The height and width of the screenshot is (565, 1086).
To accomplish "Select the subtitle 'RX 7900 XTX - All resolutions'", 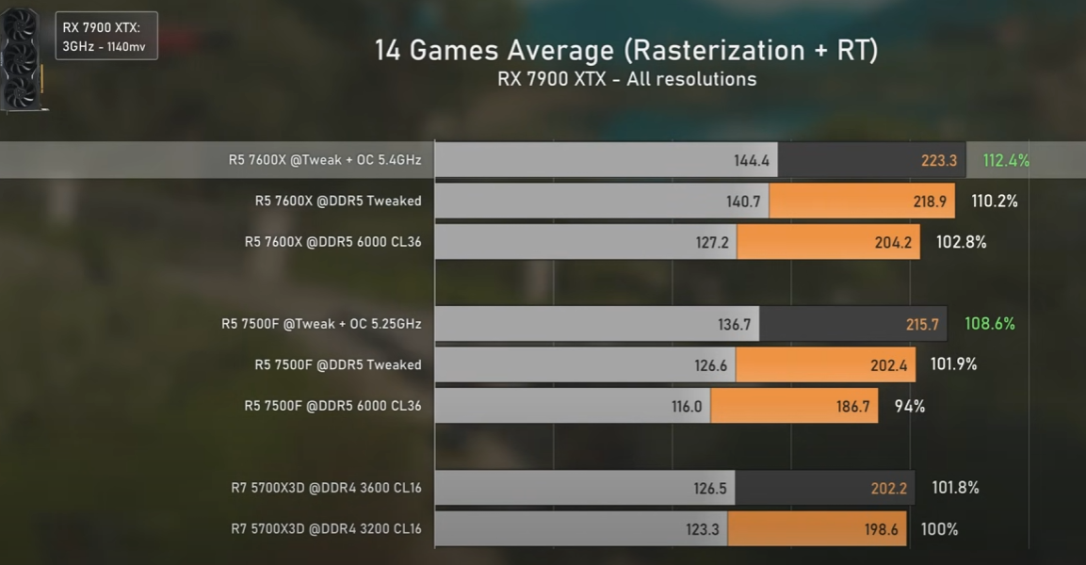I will click(x=626, y=79).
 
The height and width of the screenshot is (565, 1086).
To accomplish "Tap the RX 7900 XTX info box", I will click(x=106, y=36).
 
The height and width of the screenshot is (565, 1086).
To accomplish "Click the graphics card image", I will click(x=23, y=58).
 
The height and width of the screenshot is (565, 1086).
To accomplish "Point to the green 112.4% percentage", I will click(x=1005, y=160).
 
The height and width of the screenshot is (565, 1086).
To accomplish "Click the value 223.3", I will click(x=939, y=161).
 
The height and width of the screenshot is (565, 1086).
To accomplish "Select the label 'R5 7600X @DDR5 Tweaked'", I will click(x=337, y=201).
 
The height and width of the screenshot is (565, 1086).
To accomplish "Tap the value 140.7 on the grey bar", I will click(x=741, y=201).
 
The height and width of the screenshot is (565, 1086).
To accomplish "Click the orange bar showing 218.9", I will click(x=862, y=201).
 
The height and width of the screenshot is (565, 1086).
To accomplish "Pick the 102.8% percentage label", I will click(x=961, y=242).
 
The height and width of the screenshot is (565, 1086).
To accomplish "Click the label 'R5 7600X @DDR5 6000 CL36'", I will click(x=332, y=242).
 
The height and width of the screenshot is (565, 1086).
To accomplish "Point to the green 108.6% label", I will click(x=990, y=324).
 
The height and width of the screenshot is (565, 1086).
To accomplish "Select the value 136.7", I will click(x=735, y=324).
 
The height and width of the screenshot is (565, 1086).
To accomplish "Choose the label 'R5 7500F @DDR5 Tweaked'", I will click(x=337, y=364).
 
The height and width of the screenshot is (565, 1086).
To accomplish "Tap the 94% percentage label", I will click(x=910, y=406).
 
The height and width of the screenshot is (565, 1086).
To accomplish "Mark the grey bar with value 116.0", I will click(x=573, y=406).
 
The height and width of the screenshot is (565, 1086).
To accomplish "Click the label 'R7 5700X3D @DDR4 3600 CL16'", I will click(x=326, y=488).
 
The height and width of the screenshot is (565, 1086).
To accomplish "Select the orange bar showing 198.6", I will click(x=817, y=529).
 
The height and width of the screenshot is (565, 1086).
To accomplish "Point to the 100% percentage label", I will click(x=939, y=529).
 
